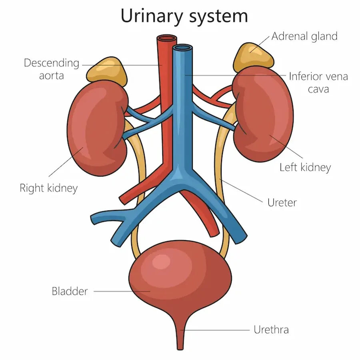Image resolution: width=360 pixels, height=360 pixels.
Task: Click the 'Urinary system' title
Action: [x=184, y=16]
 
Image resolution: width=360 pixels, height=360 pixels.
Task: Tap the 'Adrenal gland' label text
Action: [x=304, y=36]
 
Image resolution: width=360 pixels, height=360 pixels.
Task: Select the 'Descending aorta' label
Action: [x=52, y=69]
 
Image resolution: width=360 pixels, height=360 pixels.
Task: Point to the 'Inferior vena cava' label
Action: [x=318, y=82]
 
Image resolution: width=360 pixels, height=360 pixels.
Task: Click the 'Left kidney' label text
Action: [x=305, y=167]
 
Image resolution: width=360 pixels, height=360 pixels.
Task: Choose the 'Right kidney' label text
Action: [x=48, y=188]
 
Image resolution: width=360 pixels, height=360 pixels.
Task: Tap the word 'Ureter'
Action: [x=282, y=202]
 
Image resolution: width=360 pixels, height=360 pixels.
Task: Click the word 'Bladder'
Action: [x=70, y=291]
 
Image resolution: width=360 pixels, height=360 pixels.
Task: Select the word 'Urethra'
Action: [x=271, y=330]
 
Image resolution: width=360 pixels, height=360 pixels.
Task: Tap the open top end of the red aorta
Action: [x=166, y=39]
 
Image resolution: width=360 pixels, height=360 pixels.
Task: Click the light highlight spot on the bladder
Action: [x=162, y=262]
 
